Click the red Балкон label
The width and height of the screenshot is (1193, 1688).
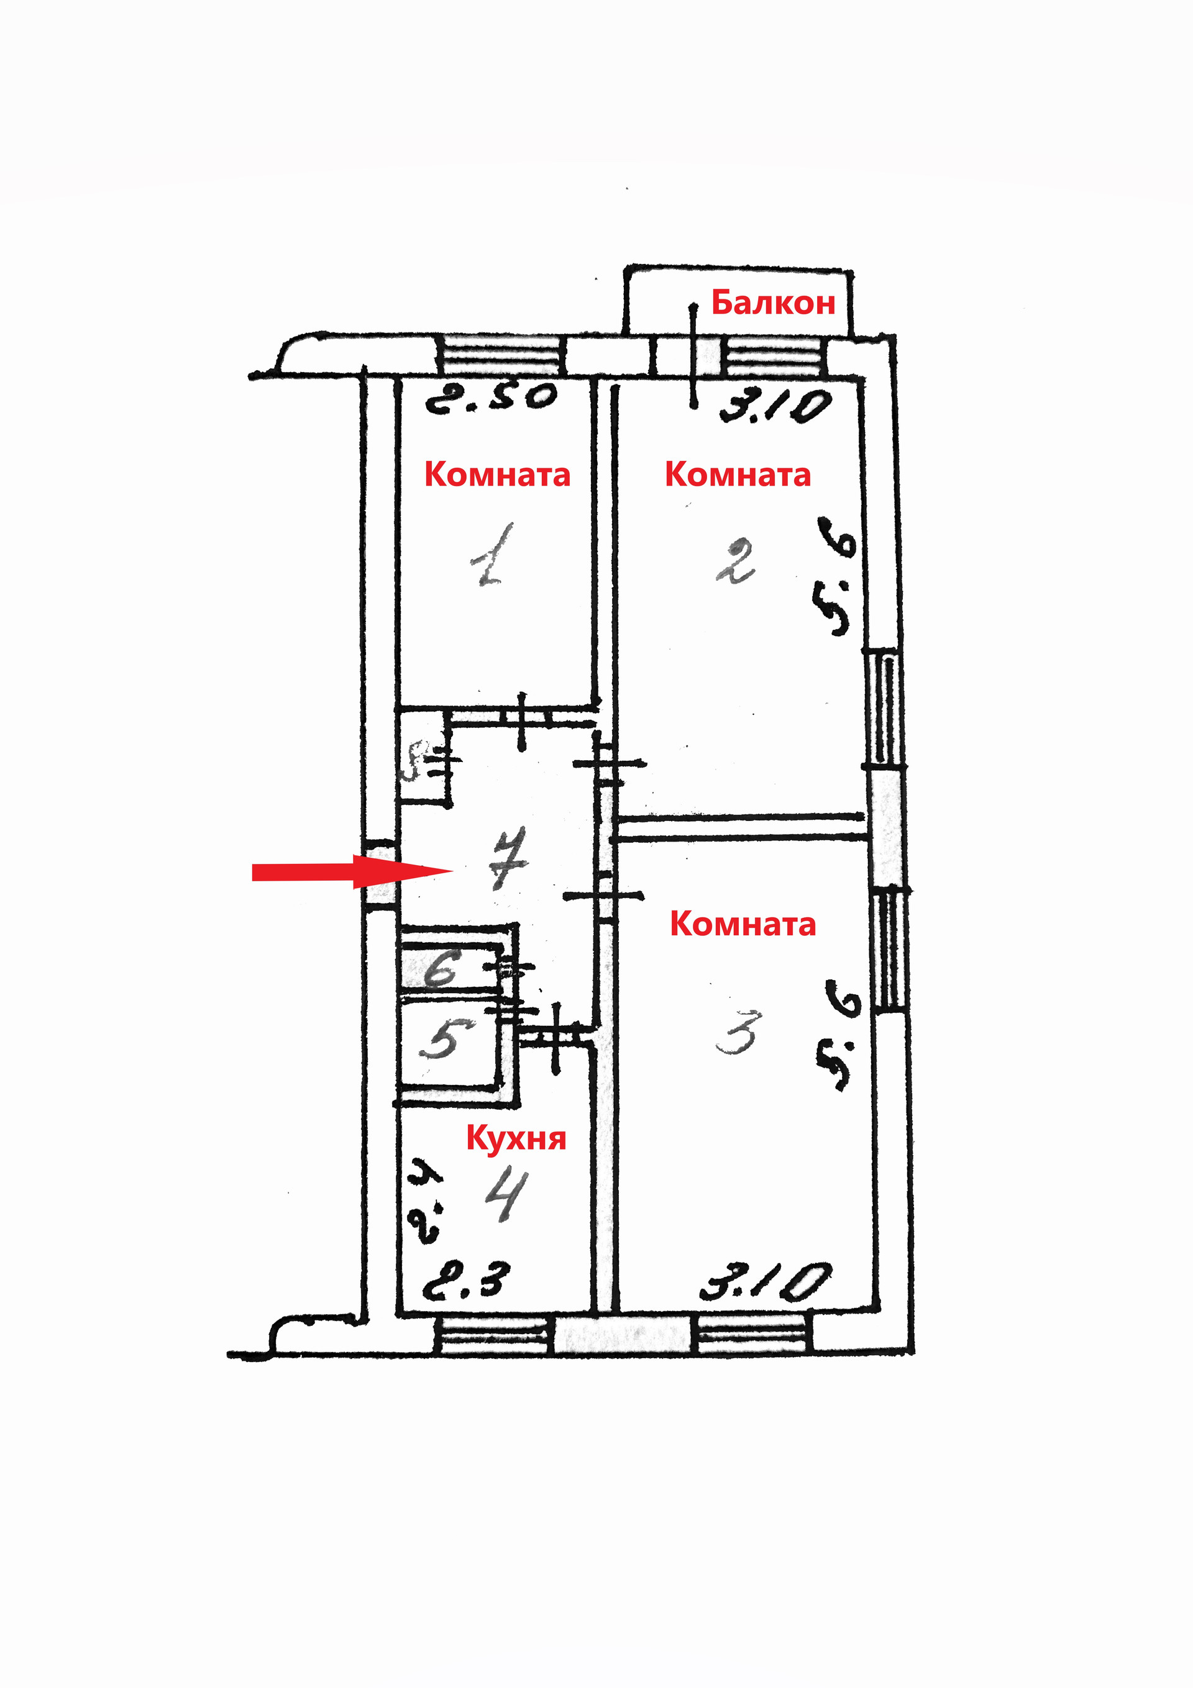click(x=773, y=303)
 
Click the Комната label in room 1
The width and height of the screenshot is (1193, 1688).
click(x=497, y=474)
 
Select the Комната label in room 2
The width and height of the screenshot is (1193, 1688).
click(x=738, y=474)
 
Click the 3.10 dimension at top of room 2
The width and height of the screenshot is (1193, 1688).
click(x=775, y=406)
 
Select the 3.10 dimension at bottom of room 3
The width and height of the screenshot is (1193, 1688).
click(x=765, y=1282)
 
